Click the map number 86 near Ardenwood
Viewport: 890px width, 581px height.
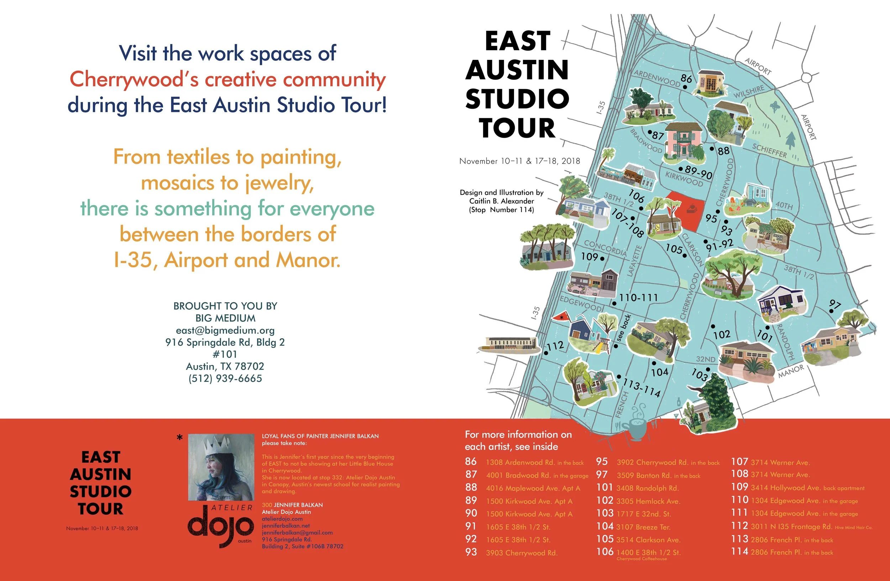point(686,79)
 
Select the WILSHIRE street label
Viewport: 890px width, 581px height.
point(749,91)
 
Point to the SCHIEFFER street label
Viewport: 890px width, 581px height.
point(770,150)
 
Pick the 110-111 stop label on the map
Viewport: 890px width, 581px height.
point(638,298)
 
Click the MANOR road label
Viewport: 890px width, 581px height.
point(791,371)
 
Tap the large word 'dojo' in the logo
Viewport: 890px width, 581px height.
point(221,526)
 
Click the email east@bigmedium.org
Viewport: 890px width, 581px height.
point(225,330)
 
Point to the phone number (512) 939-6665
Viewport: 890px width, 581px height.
point(225,379)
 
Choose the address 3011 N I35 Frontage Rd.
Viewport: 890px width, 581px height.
point(791,527)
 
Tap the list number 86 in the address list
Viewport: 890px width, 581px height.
point(471,462)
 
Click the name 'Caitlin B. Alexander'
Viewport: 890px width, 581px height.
point(502,201)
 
